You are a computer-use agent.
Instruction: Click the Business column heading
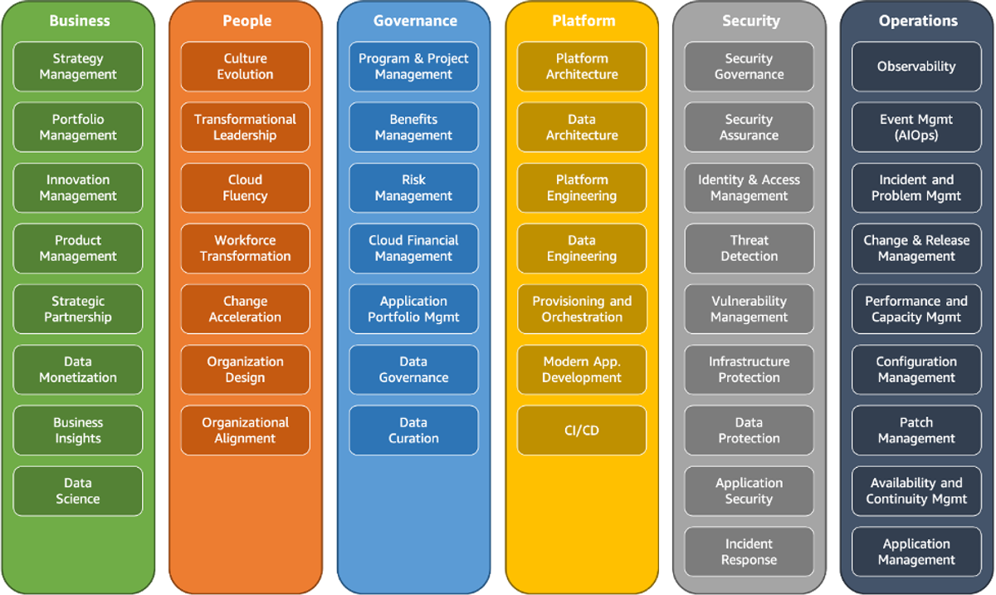pyautogui.click(x=80, y=21)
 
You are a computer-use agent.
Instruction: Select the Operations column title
pyautogui.click(x=918, y=21)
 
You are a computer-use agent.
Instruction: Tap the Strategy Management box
pyautogui.click(x=78, y=66)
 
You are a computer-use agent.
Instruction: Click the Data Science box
pyautogui.click(x=78, y=491)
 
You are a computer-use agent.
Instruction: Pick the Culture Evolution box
pyautogui.click(x=246, y=66)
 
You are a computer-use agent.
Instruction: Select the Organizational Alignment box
pyautogui.click(x=246, y=430)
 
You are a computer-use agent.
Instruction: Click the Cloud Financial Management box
pyautogui.click(x=413, y=248)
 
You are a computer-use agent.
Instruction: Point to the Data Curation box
pyautogui.click(x=413, y=430)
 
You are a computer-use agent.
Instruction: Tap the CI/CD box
pyautogui.click(x=582, y=430)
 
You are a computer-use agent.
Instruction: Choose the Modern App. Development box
pyautogui.click(x=582, y=369)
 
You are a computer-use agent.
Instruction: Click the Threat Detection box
pyautogui.click(x=749, y=248)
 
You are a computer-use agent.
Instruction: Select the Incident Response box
pyautogui.click(x=749, y=552)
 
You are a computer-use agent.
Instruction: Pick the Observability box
pyautogui.click(x=916, y=66)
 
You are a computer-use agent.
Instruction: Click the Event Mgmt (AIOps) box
pyautogui.click(x=916, y=127)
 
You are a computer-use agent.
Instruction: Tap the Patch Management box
pyautogui.click(x=916, y=430)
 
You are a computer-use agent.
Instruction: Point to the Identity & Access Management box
pyautogui.click(x=749, y=188)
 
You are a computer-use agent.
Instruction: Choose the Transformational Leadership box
pyautogui.click(x=246, y=127)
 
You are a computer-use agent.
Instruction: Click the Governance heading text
pyautogui.click(x=415, y=21)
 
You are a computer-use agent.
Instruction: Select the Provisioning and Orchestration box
pyautogui.click(x=582, y=309)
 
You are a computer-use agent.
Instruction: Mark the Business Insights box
pyautogui.click(x=78, y=430)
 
